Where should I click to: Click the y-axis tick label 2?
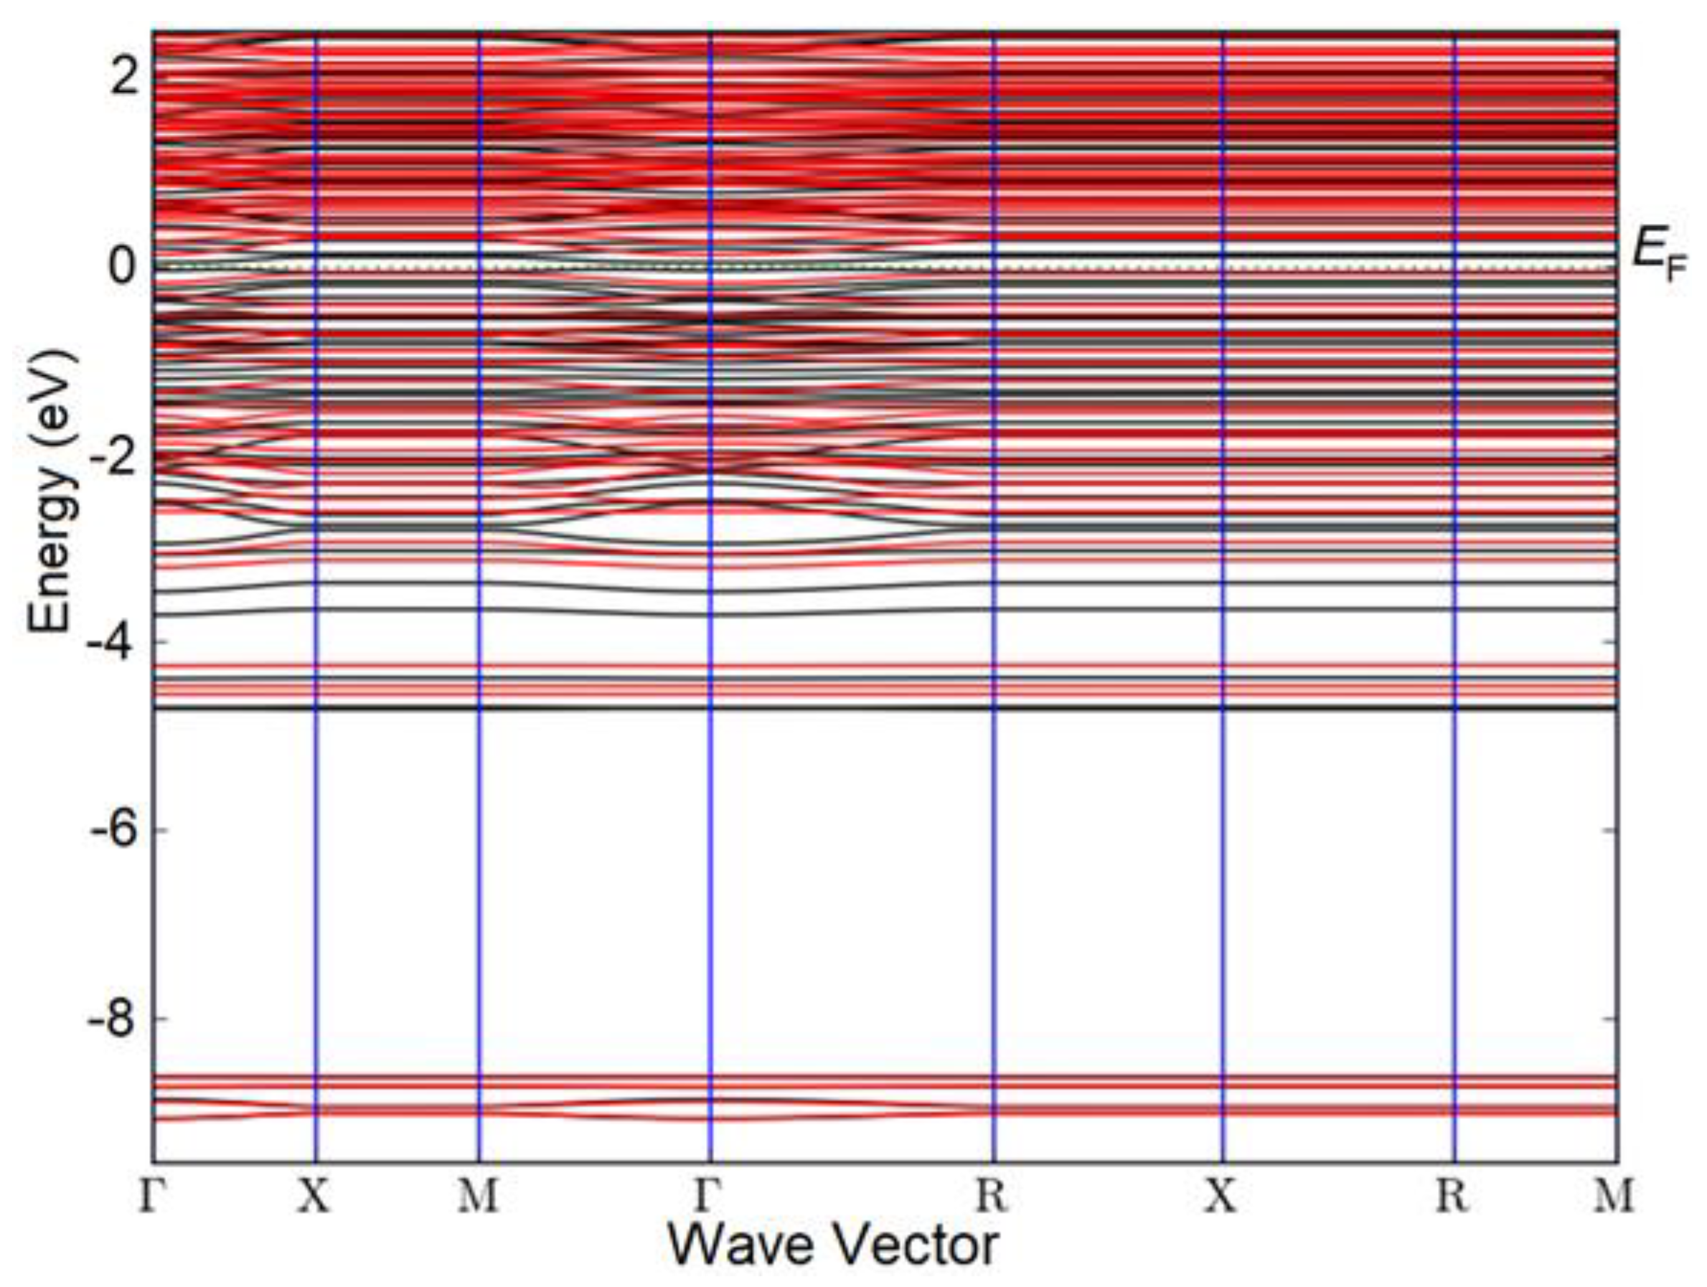(123, 80)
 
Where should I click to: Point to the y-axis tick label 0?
(123, 268)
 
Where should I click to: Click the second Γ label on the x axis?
(709, 1197)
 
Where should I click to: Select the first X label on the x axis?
(315, 1197)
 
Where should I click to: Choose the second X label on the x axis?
(1222, 1197)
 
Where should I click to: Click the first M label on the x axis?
(479, 1197)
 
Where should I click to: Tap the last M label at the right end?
(1615, 1197)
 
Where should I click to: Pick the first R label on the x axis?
(992, 1197)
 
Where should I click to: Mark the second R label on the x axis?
(1454, 1197)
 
